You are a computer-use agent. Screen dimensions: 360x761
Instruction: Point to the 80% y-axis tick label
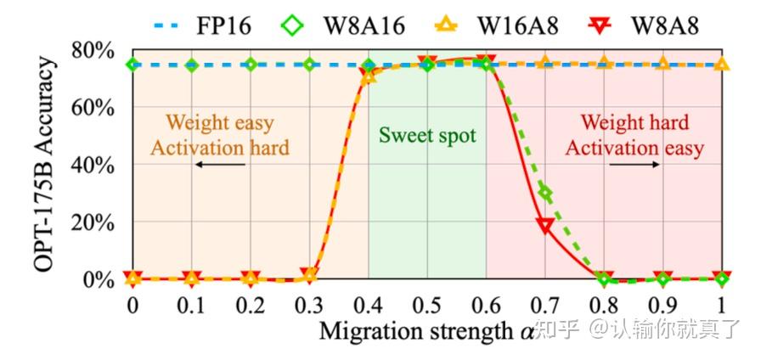tap(92, 51)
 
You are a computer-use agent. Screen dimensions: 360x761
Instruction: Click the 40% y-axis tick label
tap(92, 165)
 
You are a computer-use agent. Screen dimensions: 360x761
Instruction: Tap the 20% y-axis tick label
tap(92, 222)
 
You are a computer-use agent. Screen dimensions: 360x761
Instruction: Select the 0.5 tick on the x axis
tap(427, 304)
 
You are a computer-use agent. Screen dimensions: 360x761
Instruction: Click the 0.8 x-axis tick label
tap(604, 304)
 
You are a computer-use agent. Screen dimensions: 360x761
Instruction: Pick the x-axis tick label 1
tap(722, 304)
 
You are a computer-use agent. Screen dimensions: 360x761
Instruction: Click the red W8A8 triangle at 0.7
tap(545, 225)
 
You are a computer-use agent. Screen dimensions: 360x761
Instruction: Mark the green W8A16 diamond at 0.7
tap(545, 194)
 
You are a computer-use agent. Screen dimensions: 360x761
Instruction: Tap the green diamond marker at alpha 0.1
tap(192, 65)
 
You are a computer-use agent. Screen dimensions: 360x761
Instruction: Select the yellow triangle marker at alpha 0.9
tap(663, 63)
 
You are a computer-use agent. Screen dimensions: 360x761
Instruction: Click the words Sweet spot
tap(427, 135)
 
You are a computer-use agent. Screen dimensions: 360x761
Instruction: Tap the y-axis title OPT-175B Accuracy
tap(46, 165)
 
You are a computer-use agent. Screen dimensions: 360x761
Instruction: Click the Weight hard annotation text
tap(634, 124)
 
